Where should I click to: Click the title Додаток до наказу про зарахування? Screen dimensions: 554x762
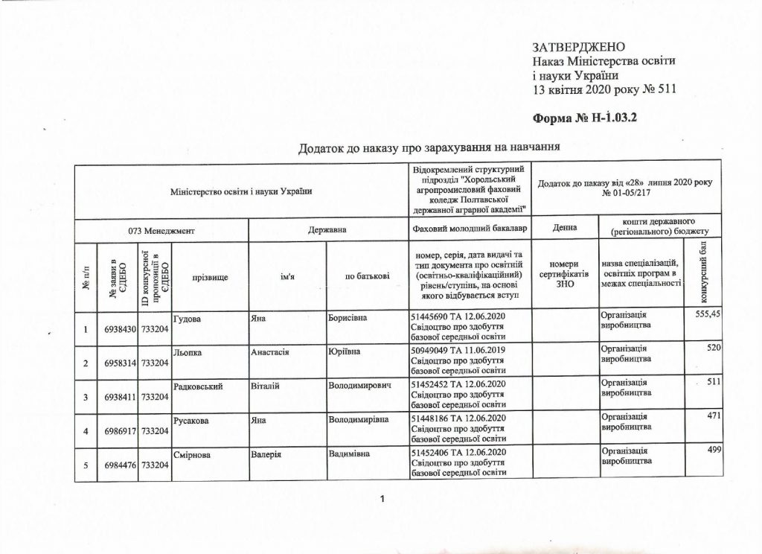pyautogui.click(x=428, y=147)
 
